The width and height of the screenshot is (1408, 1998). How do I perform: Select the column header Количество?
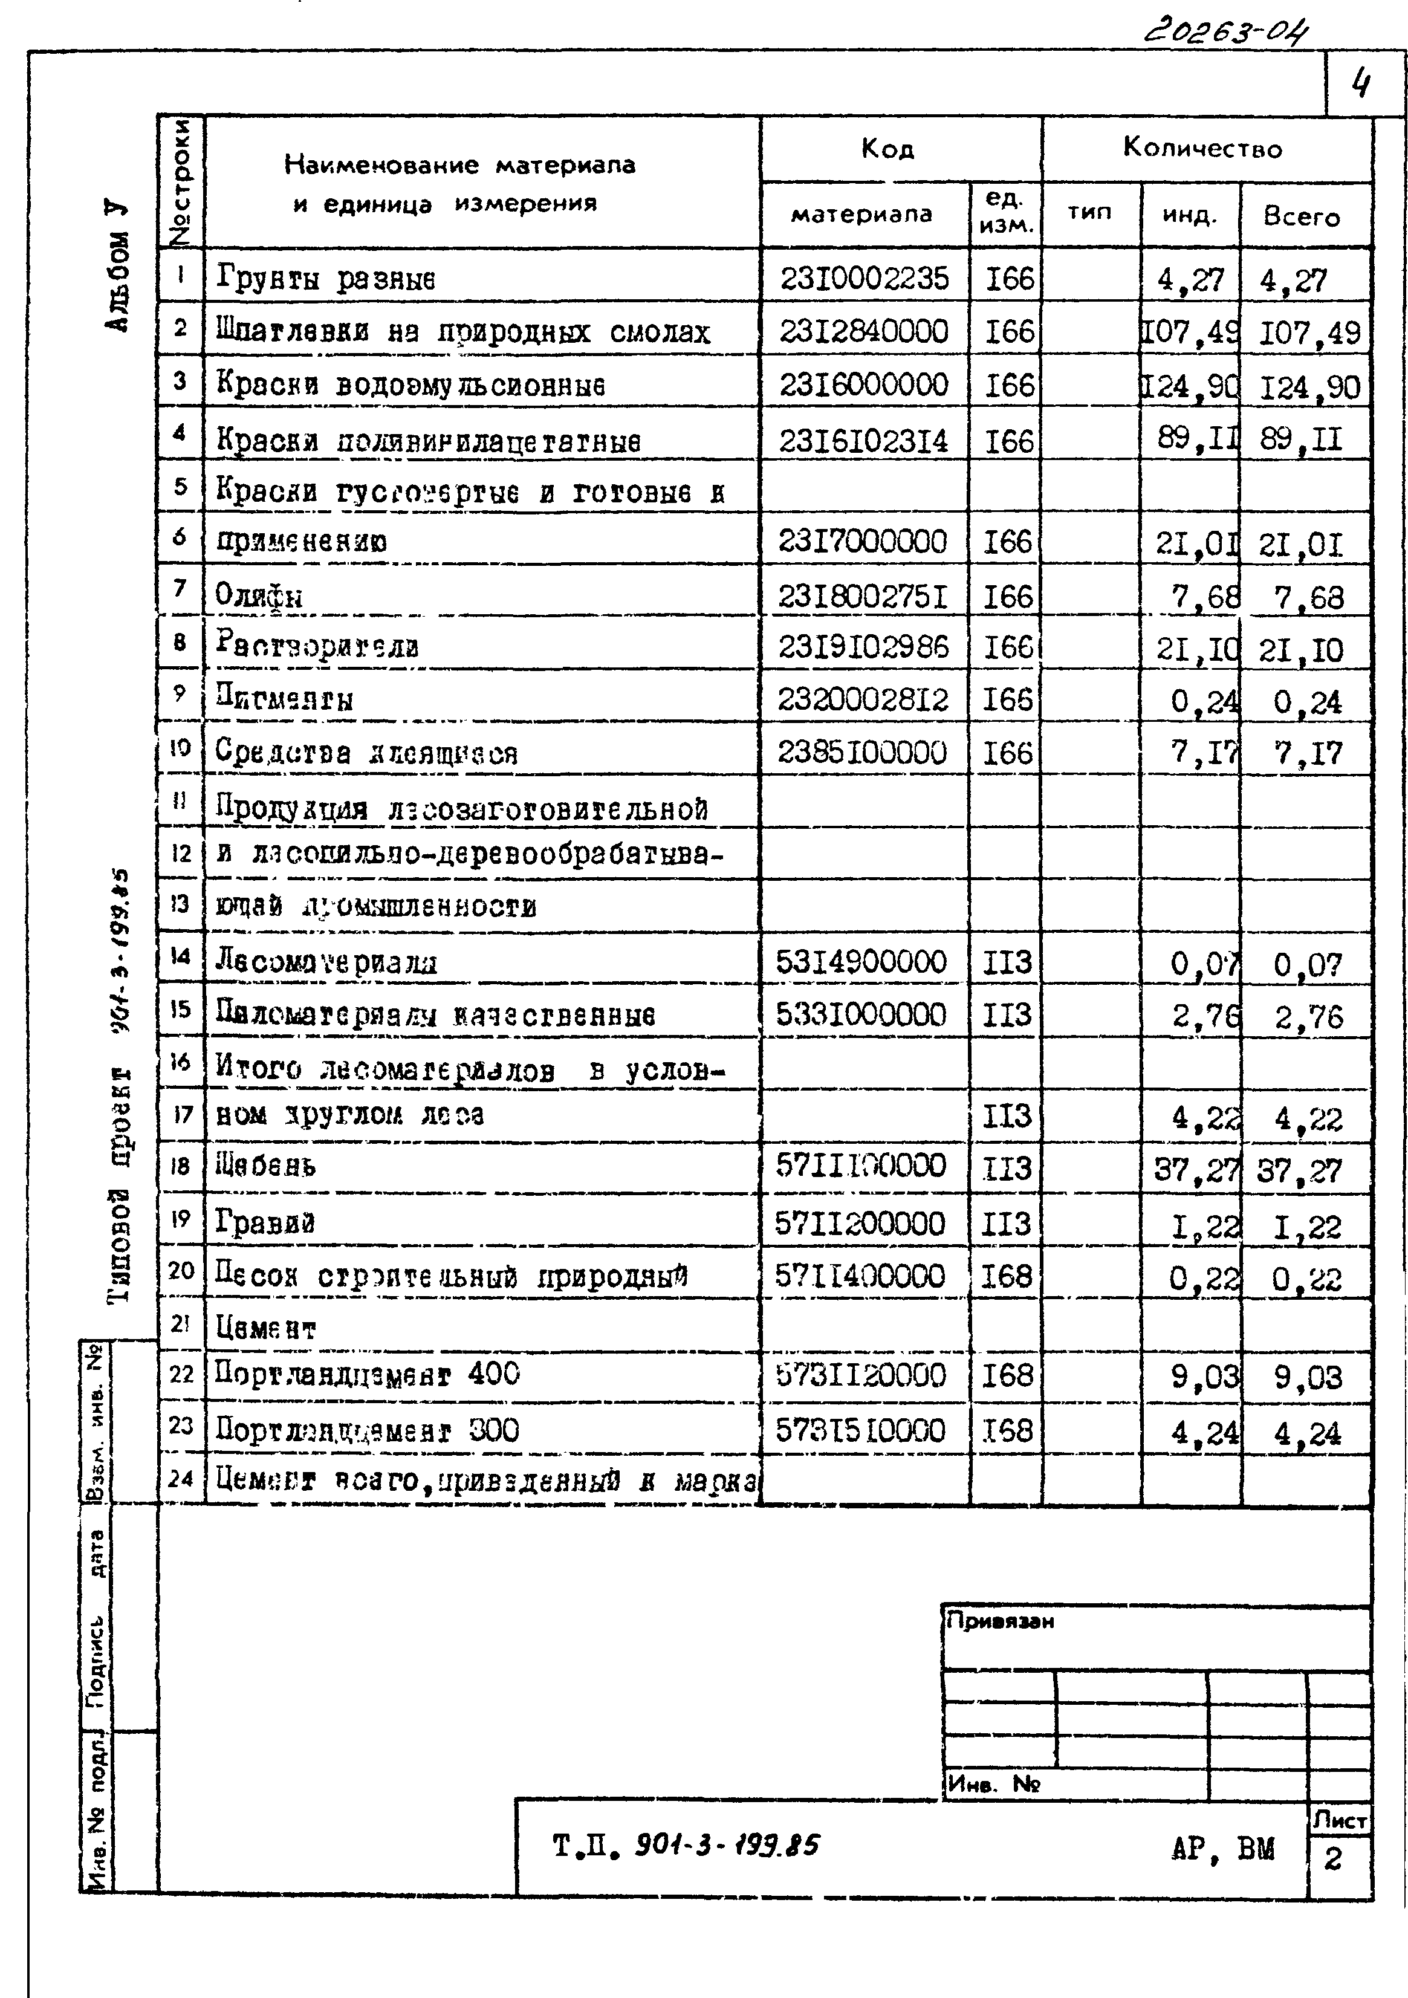click(x=1202, y=148)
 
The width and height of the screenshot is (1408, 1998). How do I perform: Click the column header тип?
click(x=1089, y=212)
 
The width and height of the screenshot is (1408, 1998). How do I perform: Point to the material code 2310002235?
click(x=863, y=279)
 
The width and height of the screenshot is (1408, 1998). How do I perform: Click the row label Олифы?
click(x=259, y=596)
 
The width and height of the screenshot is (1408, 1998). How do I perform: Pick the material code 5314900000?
click(x=861, y=962)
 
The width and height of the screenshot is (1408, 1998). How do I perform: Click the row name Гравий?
click(x=265, y=1222)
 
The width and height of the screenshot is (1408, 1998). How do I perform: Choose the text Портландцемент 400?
click(x=366, y=1374)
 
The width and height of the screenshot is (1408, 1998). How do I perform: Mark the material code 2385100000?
click(x=861, y=752)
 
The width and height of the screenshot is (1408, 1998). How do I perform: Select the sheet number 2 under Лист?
click(x=1333, y=1860)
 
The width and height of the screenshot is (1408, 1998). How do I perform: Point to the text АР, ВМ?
click(x=1222, y=1848)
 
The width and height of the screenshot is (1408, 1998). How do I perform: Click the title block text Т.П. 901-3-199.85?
click(x=685, y=1845)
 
